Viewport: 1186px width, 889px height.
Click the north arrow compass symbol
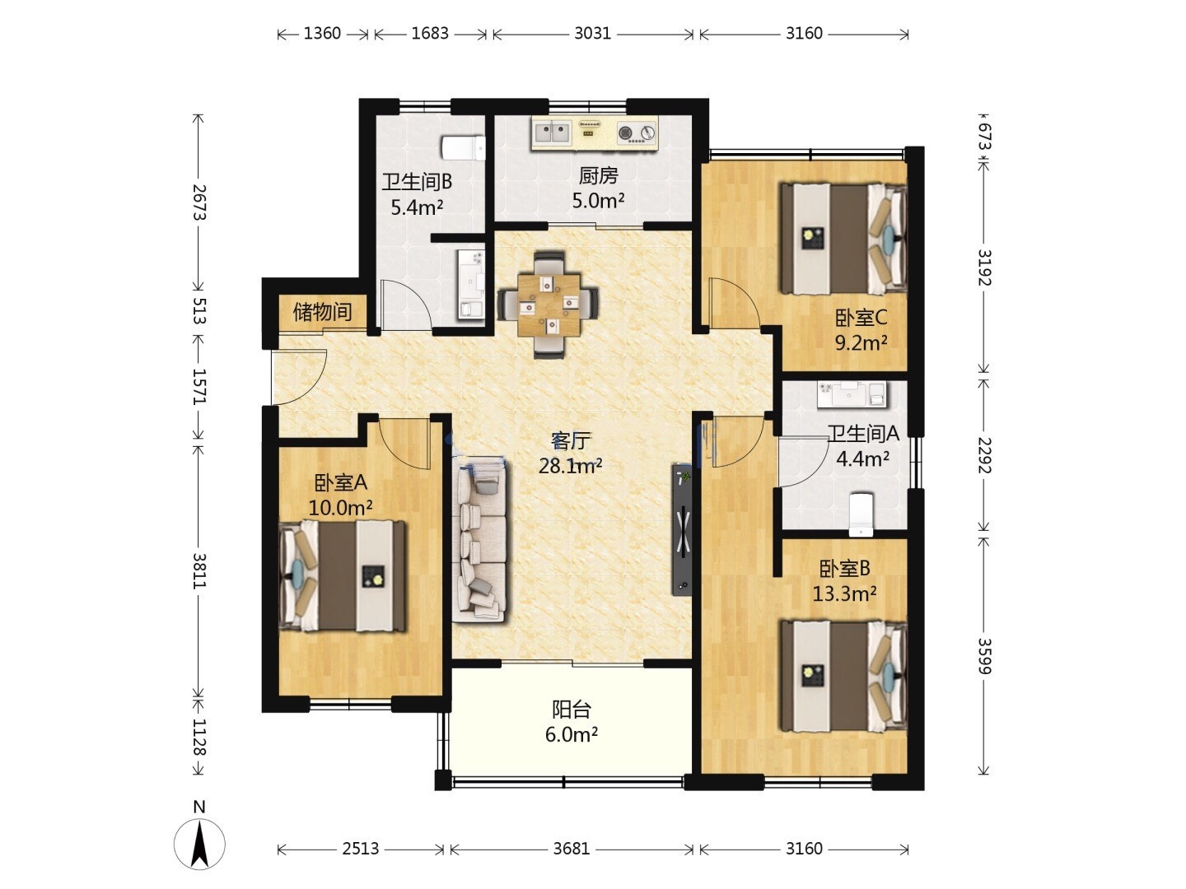199,843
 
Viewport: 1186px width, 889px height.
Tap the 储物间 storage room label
322,311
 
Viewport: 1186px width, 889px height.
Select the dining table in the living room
548,305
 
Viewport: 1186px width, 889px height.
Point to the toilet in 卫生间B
463,148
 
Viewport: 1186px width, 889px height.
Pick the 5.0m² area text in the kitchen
598,201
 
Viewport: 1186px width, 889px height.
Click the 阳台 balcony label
571,710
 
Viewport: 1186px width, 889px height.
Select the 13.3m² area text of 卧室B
844,593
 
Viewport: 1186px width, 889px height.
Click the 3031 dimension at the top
592,34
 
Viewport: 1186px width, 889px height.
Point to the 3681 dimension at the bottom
571,849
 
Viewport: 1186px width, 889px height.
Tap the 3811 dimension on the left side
199,571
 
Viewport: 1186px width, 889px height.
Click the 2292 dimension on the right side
984,455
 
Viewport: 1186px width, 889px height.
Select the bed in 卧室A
342,575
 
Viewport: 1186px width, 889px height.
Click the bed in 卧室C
843,238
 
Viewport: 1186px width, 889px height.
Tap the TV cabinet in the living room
683,529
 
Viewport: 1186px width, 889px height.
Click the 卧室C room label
861,318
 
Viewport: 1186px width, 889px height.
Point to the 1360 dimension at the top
322,34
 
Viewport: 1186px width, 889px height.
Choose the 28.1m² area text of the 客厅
571,465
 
